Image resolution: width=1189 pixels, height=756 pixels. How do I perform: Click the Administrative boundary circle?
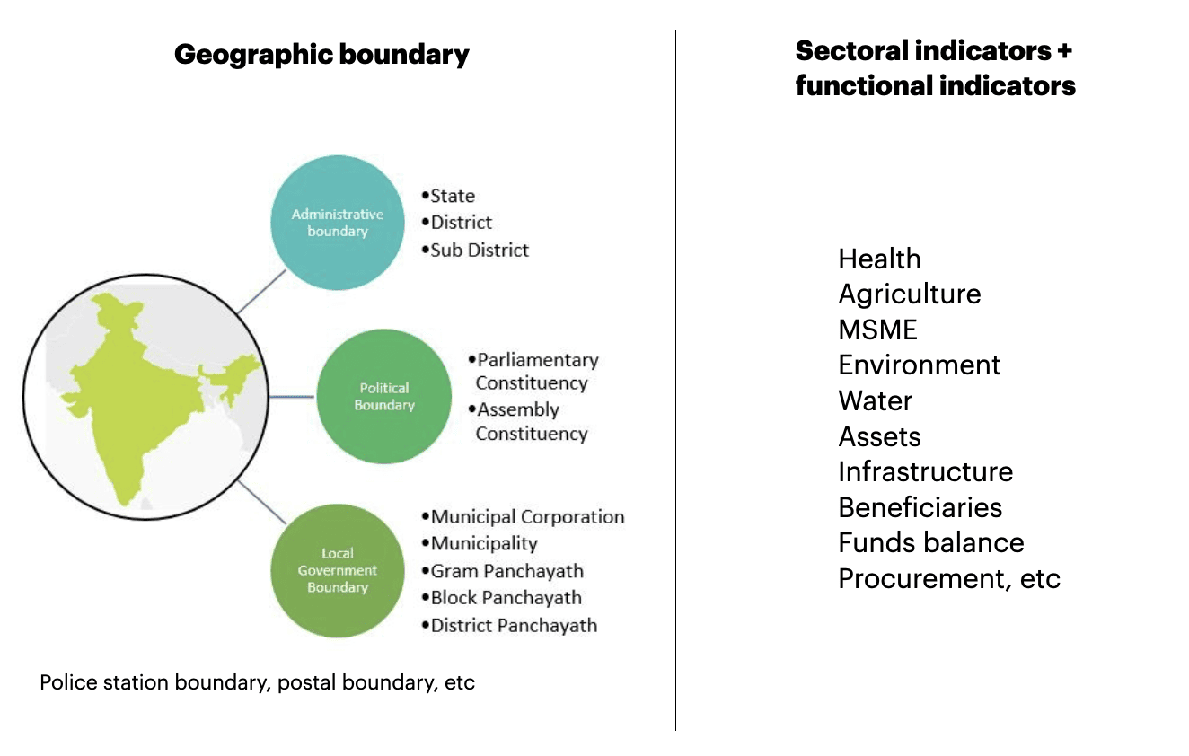(x=338, y=223)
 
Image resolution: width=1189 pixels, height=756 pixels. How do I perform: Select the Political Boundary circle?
(x=384, y=396)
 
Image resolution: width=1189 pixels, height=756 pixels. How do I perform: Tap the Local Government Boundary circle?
(x=338, y=570)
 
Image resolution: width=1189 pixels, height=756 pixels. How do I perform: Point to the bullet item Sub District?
(x=476, y=250)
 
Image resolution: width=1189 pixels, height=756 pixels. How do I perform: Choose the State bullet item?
(x=448, y=196)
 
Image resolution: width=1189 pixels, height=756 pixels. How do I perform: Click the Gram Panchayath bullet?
(x=503, y=571)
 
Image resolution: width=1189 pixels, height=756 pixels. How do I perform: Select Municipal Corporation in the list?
(x=524, y=517)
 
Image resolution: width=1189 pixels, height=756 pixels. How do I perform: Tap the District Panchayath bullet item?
(x=509, y=625)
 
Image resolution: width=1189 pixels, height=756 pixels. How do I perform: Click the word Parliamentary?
(x=538, y=360)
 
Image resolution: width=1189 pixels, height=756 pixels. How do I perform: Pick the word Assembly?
(x=518, y=409)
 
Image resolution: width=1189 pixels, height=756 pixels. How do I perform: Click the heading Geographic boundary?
(x=321, y=55)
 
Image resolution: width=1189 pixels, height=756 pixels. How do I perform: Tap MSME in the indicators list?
(x=878, y=330)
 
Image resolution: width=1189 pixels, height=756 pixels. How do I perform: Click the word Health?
(x=879, y=259)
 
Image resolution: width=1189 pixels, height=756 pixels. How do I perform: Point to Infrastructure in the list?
(x=926, y=471)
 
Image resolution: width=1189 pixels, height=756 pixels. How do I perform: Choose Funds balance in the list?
(x=931, y=542)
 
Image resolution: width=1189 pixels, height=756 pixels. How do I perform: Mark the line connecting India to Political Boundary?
(x=291, y=396)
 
